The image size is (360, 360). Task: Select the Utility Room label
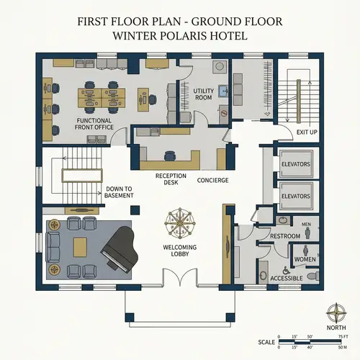[x=204, y=94]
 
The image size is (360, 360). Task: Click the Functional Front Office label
[x=95, y=123]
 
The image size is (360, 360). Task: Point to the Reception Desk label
[x=171, y=179]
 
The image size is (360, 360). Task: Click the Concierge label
[x=213, y=180]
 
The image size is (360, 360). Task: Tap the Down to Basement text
[x=119, y=192]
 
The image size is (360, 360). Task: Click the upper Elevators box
[x=295, y=164]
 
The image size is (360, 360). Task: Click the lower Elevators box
[x=295, y=195]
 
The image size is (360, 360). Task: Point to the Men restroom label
[x=305, y=224]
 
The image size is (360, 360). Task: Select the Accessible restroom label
[x=285, y=278]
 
